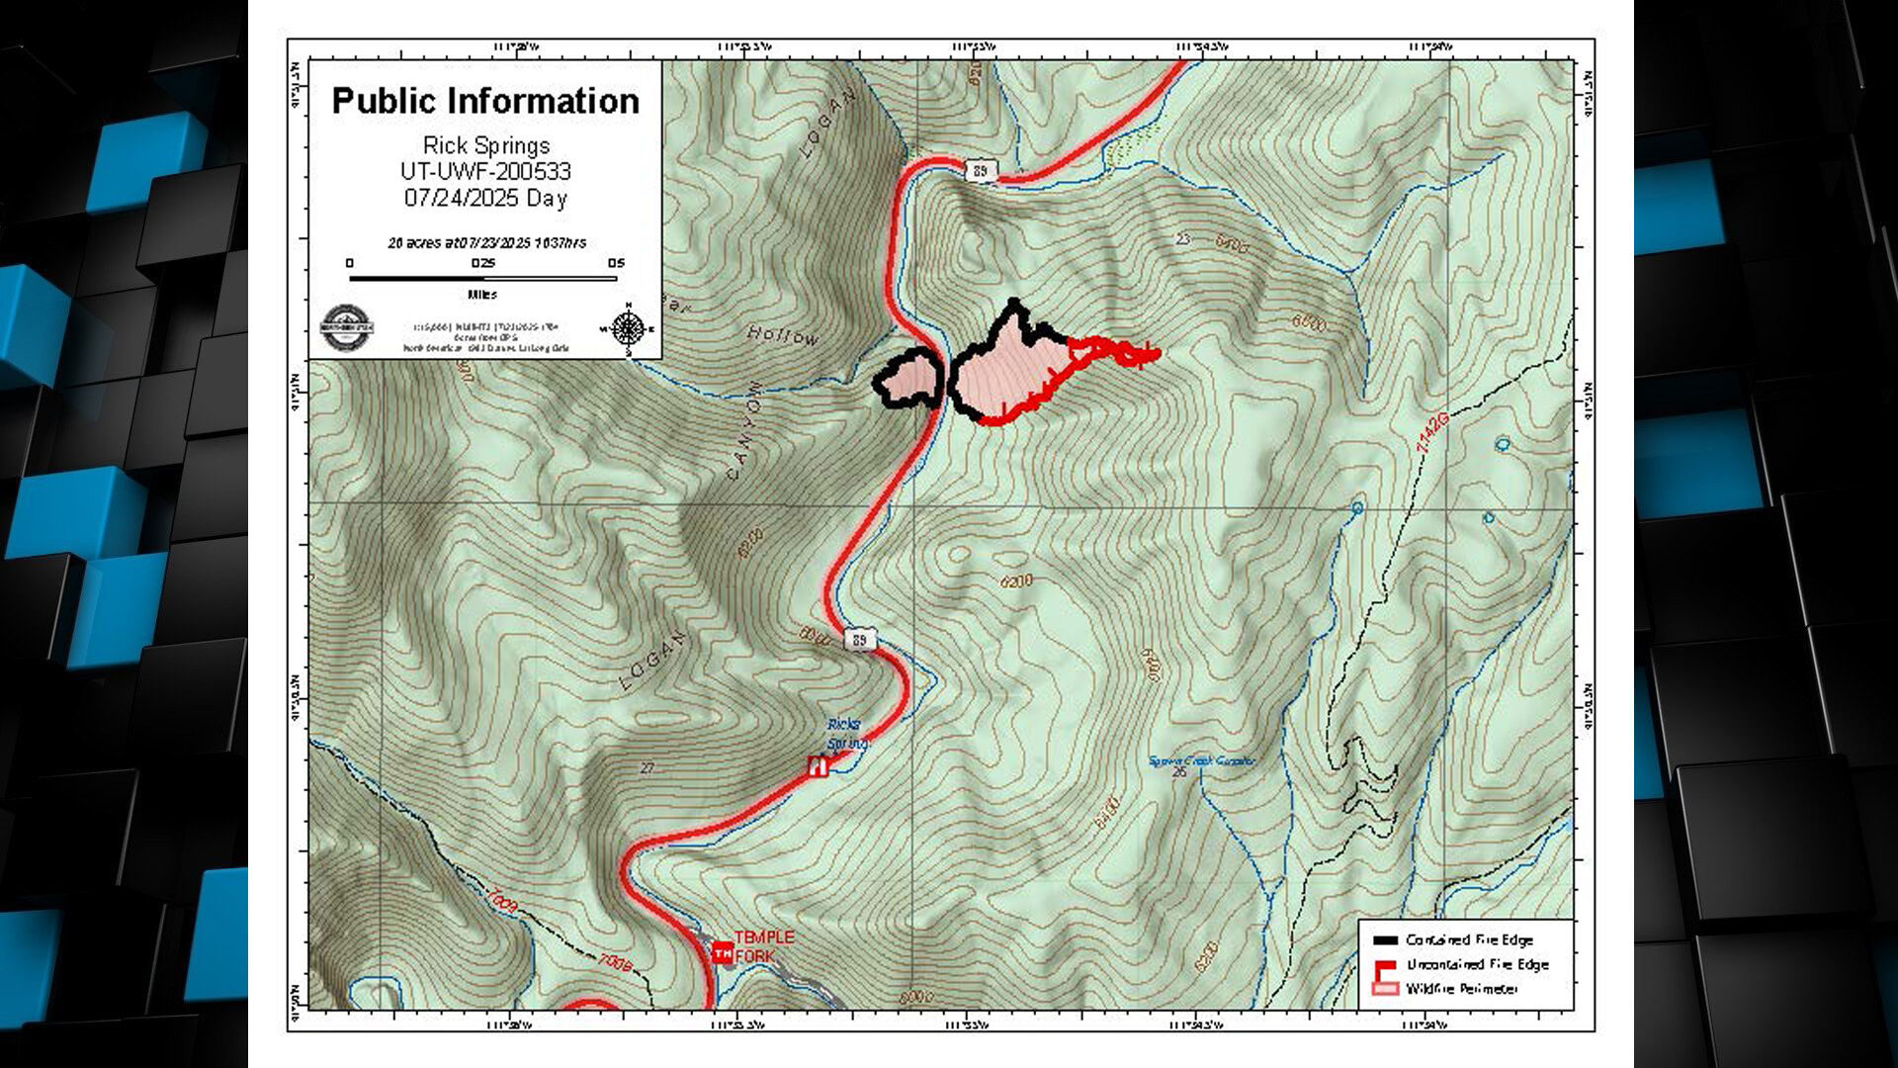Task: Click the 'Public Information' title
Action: coord(485,101)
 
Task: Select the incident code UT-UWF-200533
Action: coord(485,171)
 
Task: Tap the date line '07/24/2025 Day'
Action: coord(485,198)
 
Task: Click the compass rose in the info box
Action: coord(628,328)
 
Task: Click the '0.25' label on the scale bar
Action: coord(482,263)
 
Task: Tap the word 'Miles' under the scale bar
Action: coord(482,295)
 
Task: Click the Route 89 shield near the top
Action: coord(980,171)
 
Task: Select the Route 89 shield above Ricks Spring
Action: coord(860,641)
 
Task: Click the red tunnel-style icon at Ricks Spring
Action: coord(818,765)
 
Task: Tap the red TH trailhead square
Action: coord(723,953)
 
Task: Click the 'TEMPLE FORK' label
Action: coord(764,946)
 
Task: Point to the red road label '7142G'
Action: coord(1432,433)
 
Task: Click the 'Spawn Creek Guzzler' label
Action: coord(1201,761)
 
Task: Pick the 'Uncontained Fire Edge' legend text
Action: coord(1477,964)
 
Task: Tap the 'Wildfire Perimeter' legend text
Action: coord(1462,988)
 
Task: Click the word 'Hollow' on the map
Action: coord(783,336)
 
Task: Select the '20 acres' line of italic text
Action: coord(486,242)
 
